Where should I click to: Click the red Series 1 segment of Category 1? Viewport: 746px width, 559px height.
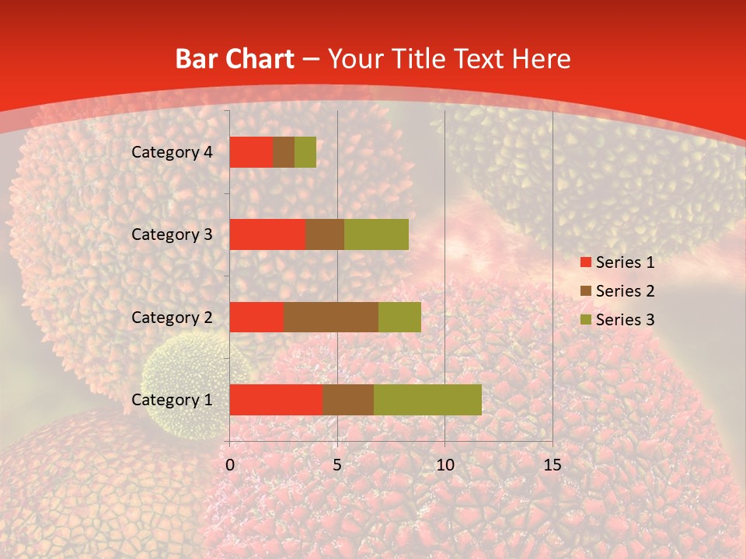pyautogui.click(x=276, y=399)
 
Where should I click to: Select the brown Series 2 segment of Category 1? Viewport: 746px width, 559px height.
pyautogui.click(x=348, y=399)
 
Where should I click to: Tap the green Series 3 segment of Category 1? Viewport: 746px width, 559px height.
pyautogui.click(x=427, y=399)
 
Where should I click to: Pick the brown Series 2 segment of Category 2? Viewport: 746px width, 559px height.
pyautogui.click(x=331, y=317)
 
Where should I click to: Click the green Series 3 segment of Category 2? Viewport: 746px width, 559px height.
pyautogui.click(x=399, y=317)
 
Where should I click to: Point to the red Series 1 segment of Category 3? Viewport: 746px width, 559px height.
pyautogui.click(x=267, y=234)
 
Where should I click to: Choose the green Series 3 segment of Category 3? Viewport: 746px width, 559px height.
pyautogui.click(x=376, y=234)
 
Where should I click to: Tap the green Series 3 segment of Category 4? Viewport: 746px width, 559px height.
pyautogui.click(x=305, y=152)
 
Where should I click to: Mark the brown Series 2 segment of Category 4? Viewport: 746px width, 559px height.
pyautogui.click(x=284, y=152)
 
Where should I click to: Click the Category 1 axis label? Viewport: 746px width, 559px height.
pyautogui.click(x=172, y=400)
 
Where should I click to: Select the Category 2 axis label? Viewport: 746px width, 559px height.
pyautogui.click(x=172, y=317)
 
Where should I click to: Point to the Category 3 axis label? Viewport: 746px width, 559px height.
pyautogui.click(x=172, y=234)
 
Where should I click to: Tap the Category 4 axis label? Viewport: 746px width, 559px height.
pyautogui.click(x=172, y=152)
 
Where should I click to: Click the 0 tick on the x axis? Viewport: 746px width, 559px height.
pyautogui.click(x=230, y=465)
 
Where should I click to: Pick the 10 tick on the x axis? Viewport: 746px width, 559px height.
pyautogui.click(x=444, y=465)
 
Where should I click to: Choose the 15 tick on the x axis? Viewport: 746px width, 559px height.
pyautogui.click(x=552, y=465)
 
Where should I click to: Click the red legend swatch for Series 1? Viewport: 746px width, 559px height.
pyautogui.click(x=585, y=262)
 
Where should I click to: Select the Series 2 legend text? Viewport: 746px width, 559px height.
pyautogui.click(x=625, y=291)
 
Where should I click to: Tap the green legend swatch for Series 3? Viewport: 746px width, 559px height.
pyautogui.click(x=585, y=320)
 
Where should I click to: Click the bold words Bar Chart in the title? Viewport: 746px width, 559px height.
pyautogui.click(x=235, y=59)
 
